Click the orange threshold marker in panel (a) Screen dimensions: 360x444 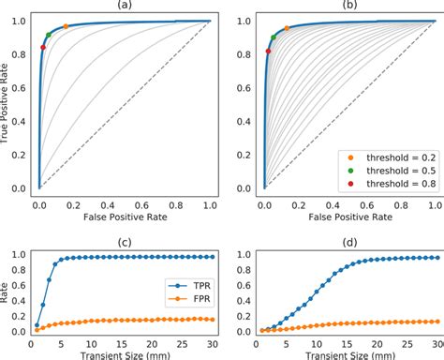66,26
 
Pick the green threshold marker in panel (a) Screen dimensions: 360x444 49,35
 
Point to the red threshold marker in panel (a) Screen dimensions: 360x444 43,47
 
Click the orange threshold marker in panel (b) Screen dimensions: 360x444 287,28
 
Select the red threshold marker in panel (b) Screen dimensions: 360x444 269,52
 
